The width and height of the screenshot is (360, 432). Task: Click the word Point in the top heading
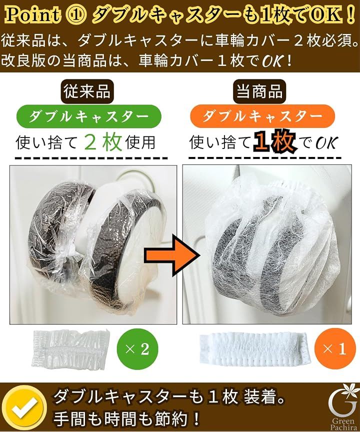tap(32, 14)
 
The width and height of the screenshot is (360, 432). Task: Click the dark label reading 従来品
tap(87, 91)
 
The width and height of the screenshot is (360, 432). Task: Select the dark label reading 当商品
tap(259, 91)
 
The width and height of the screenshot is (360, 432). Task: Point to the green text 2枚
tap(103, 142)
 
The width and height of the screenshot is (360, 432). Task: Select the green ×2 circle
tap(137, 349)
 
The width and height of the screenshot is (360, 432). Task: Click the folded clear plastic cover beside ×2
tap(71, 349)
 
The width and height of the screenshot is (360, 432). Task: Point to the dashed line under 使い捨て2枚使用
tap(91, 158)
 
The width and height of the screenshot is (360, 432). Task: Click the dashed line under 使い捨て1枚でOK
tap(264, 158)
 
